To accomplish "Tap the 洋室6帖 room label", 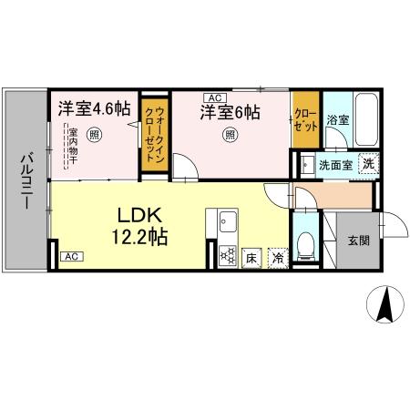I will [231, 113].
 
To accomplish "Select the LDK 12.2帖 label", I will [140, 225].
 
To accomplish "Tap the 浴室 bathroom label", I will [338, 119].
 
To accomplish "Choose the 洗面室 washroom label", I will [333, 165].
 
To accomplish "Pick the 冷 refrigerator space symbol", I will [278, 259].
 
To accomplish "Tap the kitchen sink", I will [226, 221].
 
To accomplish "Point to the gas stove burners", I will [226, 255].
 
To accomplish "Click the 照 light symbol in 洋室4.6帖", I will [95, 135].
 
